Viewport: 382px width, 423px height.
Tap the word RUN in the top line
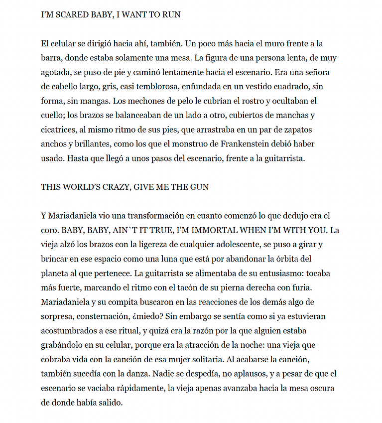pyautogui.click(x=171, y=15)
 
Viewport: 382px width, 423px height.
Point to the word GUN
pyautogui.click(x=199, y=187)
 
